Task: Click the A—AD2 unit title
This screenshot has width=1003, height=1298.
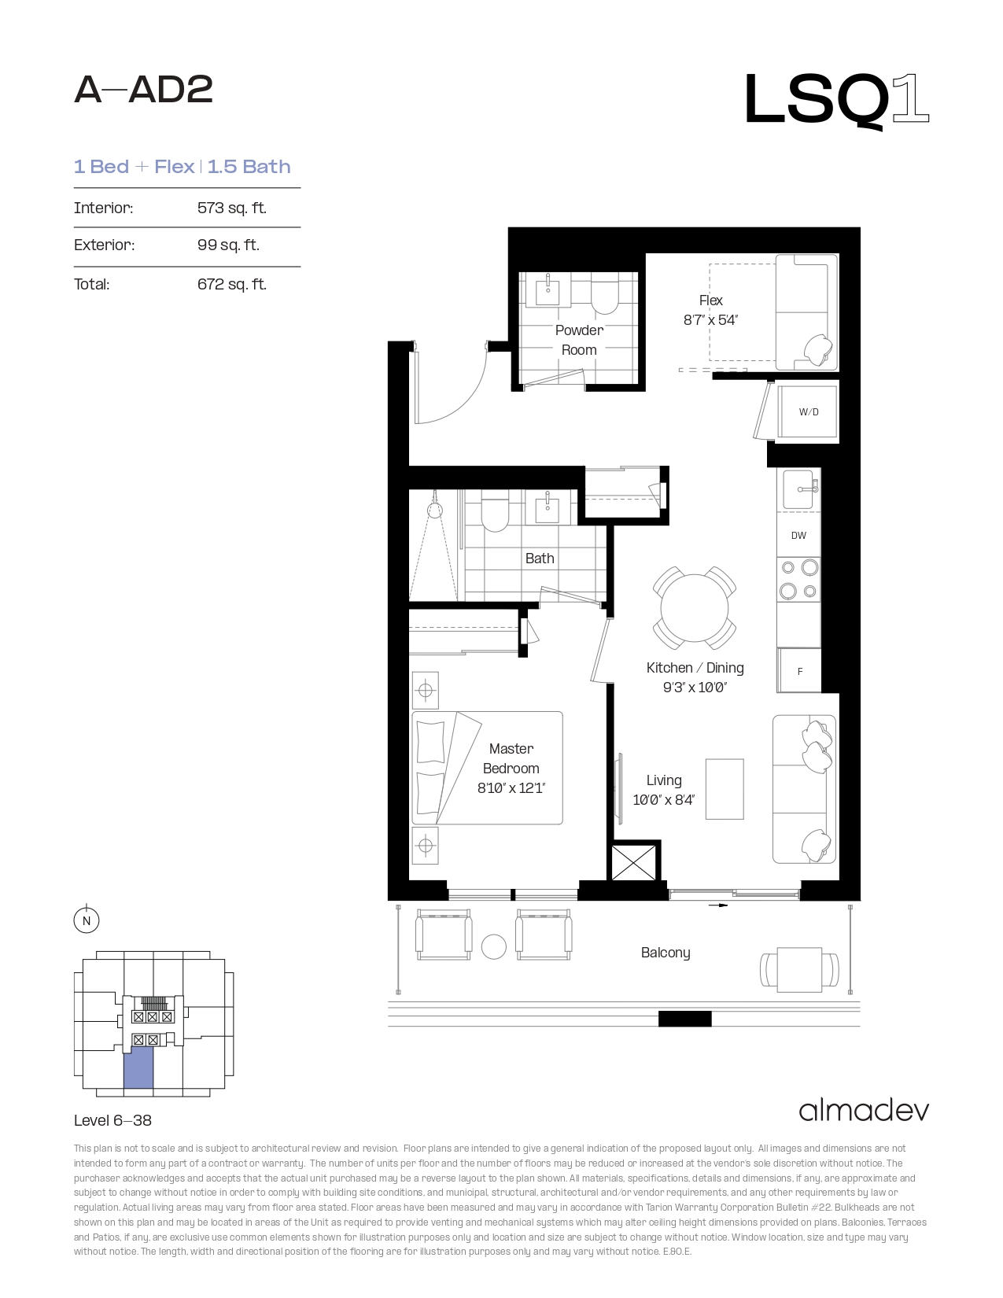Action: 143,90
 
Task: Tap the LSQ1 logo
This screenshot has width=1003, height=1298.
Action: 836,100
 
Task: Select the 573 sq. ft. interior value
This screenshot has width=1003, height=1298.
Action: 232,208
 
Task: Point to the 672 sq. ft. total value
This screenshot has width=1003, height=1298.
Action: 232,284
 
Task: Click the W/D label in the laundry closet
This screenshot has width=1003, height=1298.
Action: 808,412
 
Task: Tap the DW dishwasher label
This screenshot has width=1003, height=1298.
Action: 798,536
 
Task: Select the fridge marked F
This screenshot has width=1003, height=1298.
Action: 799,671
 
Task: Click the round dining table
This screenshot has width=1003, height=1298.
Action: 694,608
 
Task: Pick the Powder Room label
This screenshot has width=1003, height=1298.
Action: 579,340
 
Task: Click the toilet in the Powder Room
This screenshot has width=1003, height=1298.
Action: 604,293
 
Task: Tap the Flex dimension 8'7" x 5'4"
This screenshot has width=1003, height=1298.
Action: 710,320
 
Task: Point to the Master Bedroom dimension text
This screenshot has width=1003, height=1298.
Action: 511,788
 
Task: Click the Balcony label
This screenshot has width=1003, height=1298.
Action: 666,953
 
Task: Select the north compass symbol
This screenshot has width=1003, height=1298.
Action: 87,920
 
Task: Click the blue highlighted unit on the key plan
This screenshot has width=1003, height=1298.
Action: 138,1070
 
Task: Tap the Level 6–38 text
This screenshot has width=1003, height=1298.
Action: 113,1120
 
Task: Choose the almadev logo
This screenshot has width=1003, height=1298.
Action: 864,1111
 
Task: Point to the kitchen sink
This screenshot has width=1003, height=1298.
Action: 799,489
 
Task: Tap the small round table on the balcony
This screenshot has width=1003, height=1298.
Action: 493,947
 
